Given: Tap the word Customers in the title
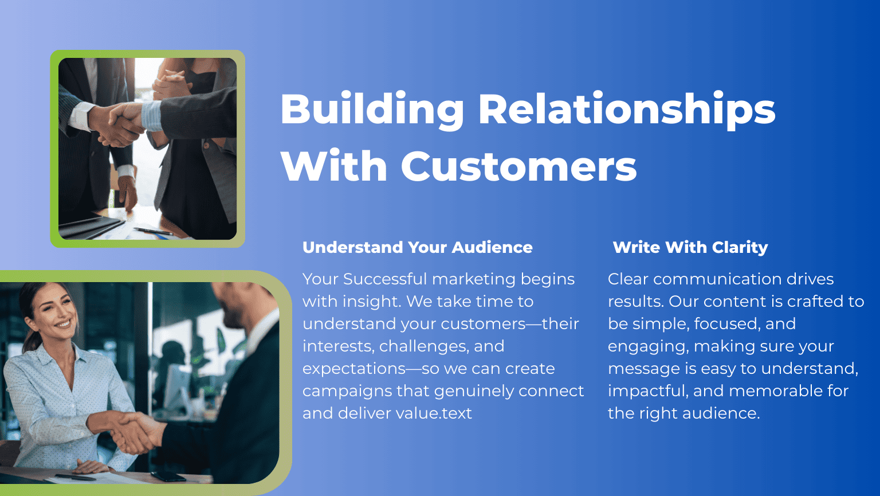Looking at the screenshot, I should (518, 166).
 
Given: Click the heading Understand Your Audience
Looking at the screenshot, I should (417, 247).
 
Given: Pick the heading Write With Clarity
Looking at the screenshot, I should (690, 247).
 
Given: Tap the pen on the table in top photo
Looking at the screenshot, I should (153, 231).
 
